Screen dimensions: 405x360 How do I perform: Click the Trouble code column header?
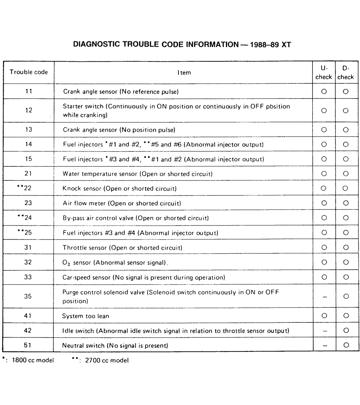[x=29, y=72]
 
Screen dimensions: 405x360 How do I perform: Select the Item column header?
[x=184, y=73]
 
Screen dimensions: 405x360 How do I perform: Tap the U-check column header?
[x=324, y=73]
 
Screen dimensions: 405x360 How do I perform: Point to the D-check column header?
[x=346, y=73]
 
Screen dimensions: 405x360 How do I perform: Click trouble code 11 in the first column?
[x=29, y=91]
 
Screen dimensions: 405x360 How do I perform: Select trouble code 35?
[x=28, y=296]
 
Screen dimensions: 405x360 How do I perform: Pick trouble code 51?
[x=28, y=345]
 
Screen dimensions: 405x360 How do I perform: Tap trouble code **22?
[x=25, y=188]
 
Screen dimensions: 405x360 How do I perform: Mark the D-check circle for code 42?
[x=346, y=331]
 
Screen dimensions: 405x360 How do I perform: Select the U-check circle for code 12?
[x=324, y=111]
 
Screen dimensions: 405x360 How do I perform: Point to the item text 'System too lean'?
[x=86, y=316]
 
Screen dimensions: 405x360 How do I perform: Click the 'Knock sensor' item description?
[x=119, y=189]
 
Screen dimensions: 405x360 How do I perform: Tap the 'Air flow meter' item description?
[x=122, y=203]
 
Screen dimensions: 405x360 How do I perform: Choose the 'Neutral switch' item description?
[x=115, y=346]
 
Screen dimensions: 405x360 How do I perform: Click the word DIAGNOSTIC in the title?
[x=97, y=44]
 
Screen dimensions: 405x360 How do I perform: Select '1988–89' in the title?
[x=264, y=45]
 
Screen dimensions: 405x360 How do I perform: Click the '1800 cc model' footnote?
[x=32, y=360]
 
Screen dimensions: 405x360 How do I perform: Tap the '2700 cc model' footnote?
[x=107, y=360]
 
